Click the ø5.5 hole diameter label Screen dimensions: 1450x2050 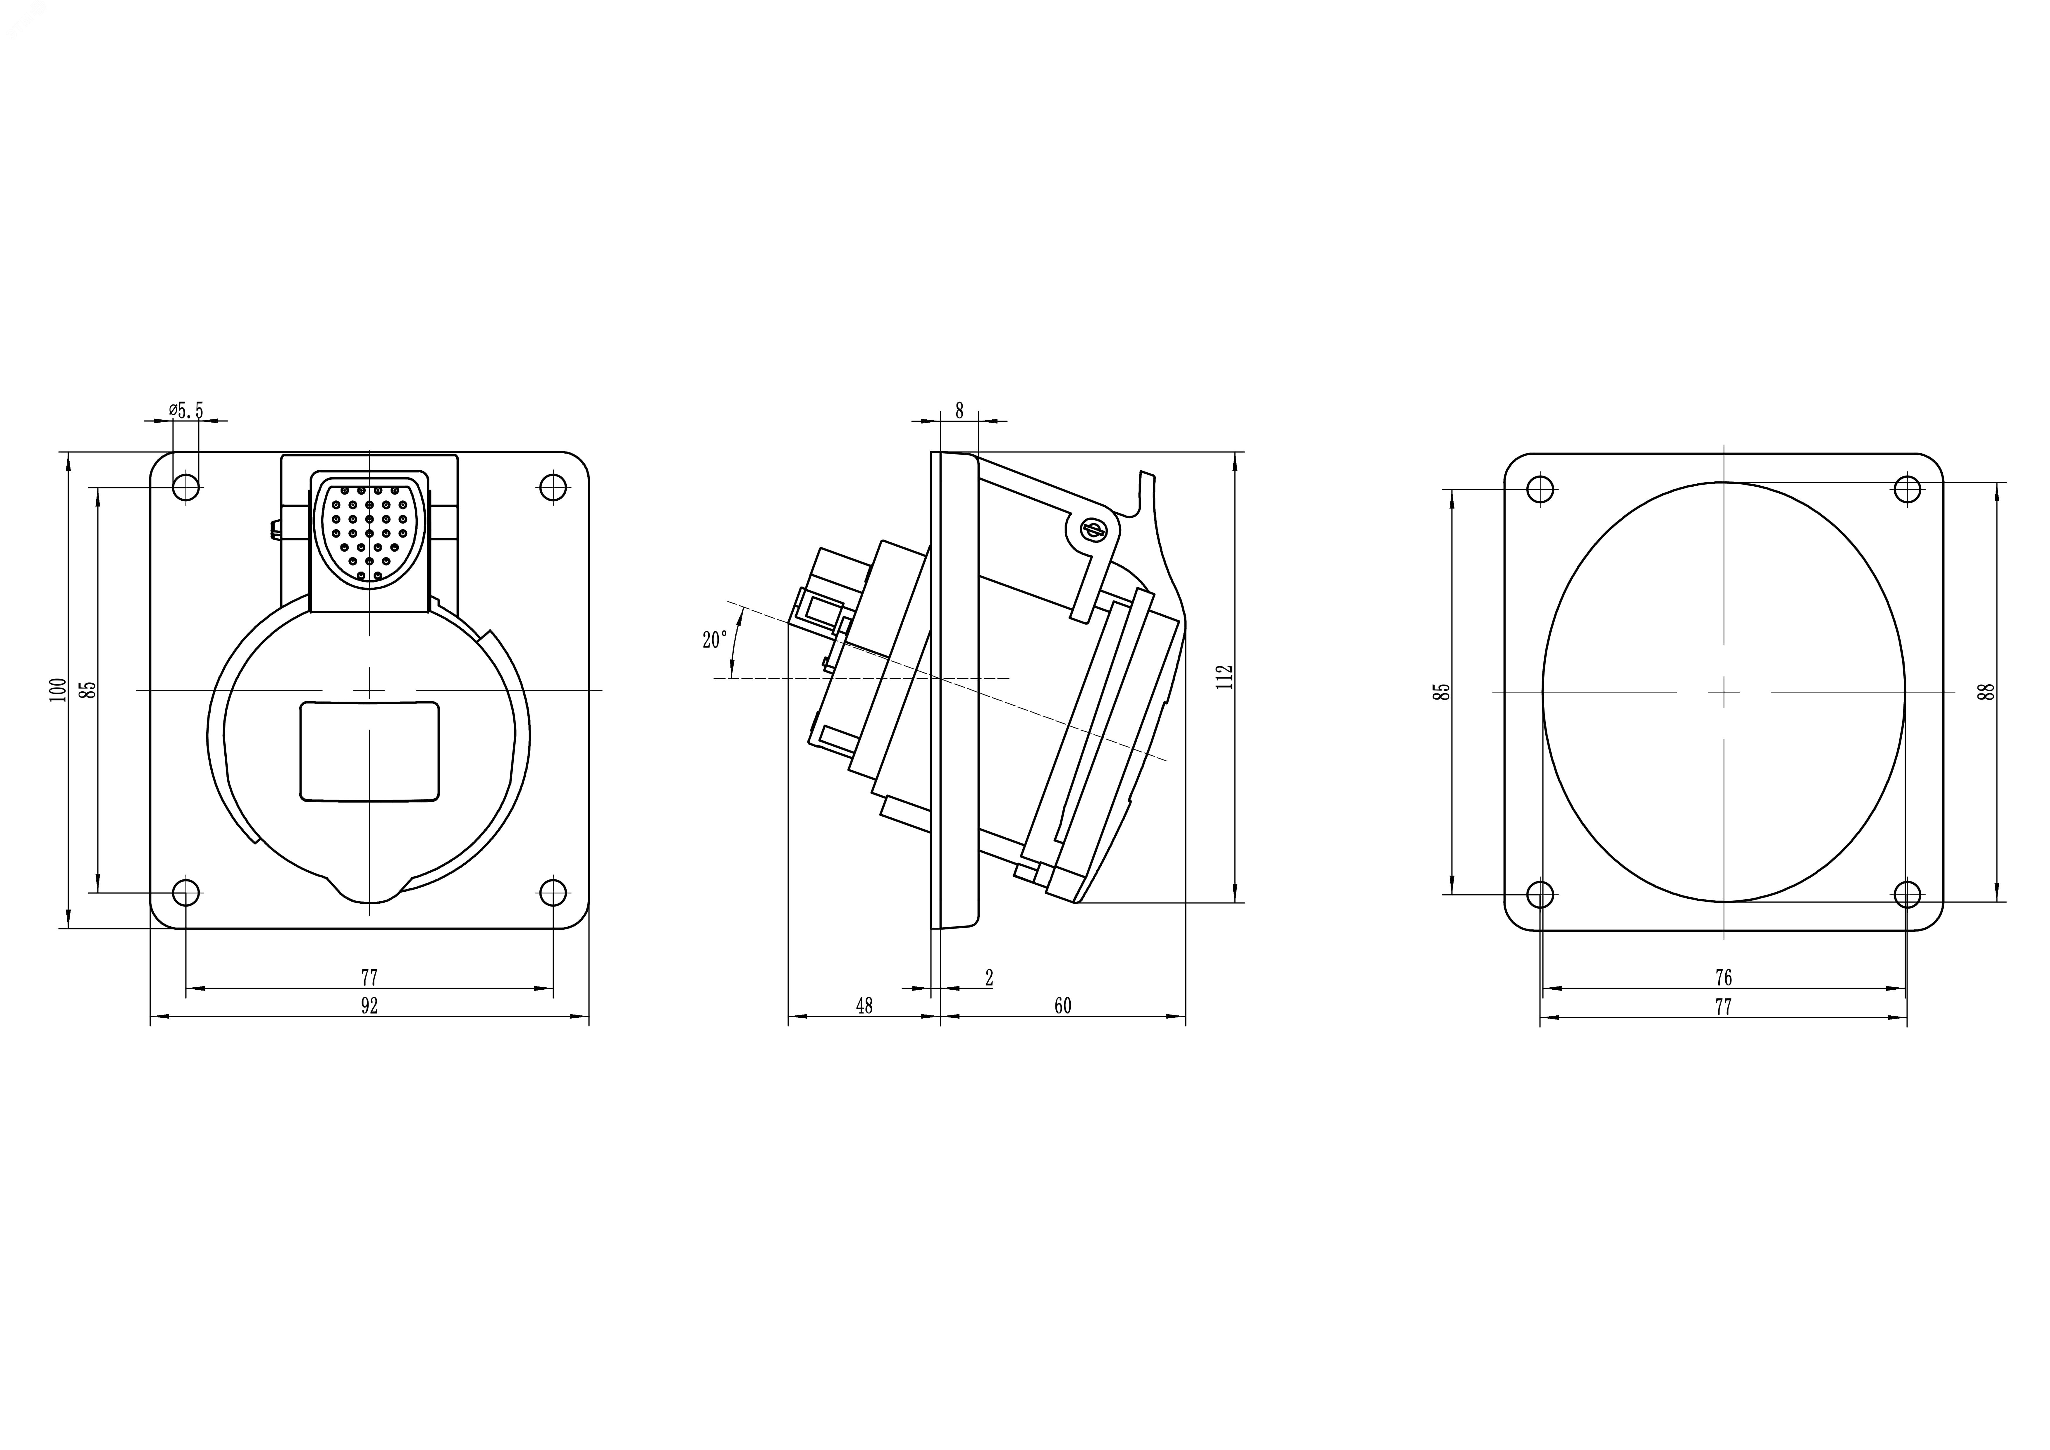pyautogui.click(x=186, y=411)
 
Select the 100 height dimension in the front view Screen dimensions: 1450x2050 pyautogui.click(x=58, y=690)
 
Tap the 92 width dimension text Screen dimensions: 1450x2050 pyautogui.click(x=370, y=1006)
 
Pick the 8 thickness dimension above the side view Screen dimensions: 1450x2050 pyautogui.click(x=960, y=411)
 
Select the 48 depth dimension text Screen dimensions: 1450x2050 pyautogui.click(x=864, y=1006)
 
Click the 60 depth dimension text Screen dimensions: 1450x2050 pyautogui.click(x=1062, y=1006)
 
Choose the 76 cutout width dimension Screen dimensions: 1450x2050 pyautogui.click(x=1723, y=978)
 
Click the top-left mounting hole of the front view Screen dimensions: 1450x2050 pyautogui.click(x=186, y=488)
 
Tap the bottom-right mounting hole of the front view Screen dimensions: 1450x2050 pyautogui.click(x=553, y=892)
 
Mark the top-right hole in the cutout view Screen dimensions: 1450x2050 pyautogui.click(x=1907, y=489)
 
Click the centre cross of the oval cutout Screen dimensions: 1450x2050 pyautogui.click(x=1723, y=691)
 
